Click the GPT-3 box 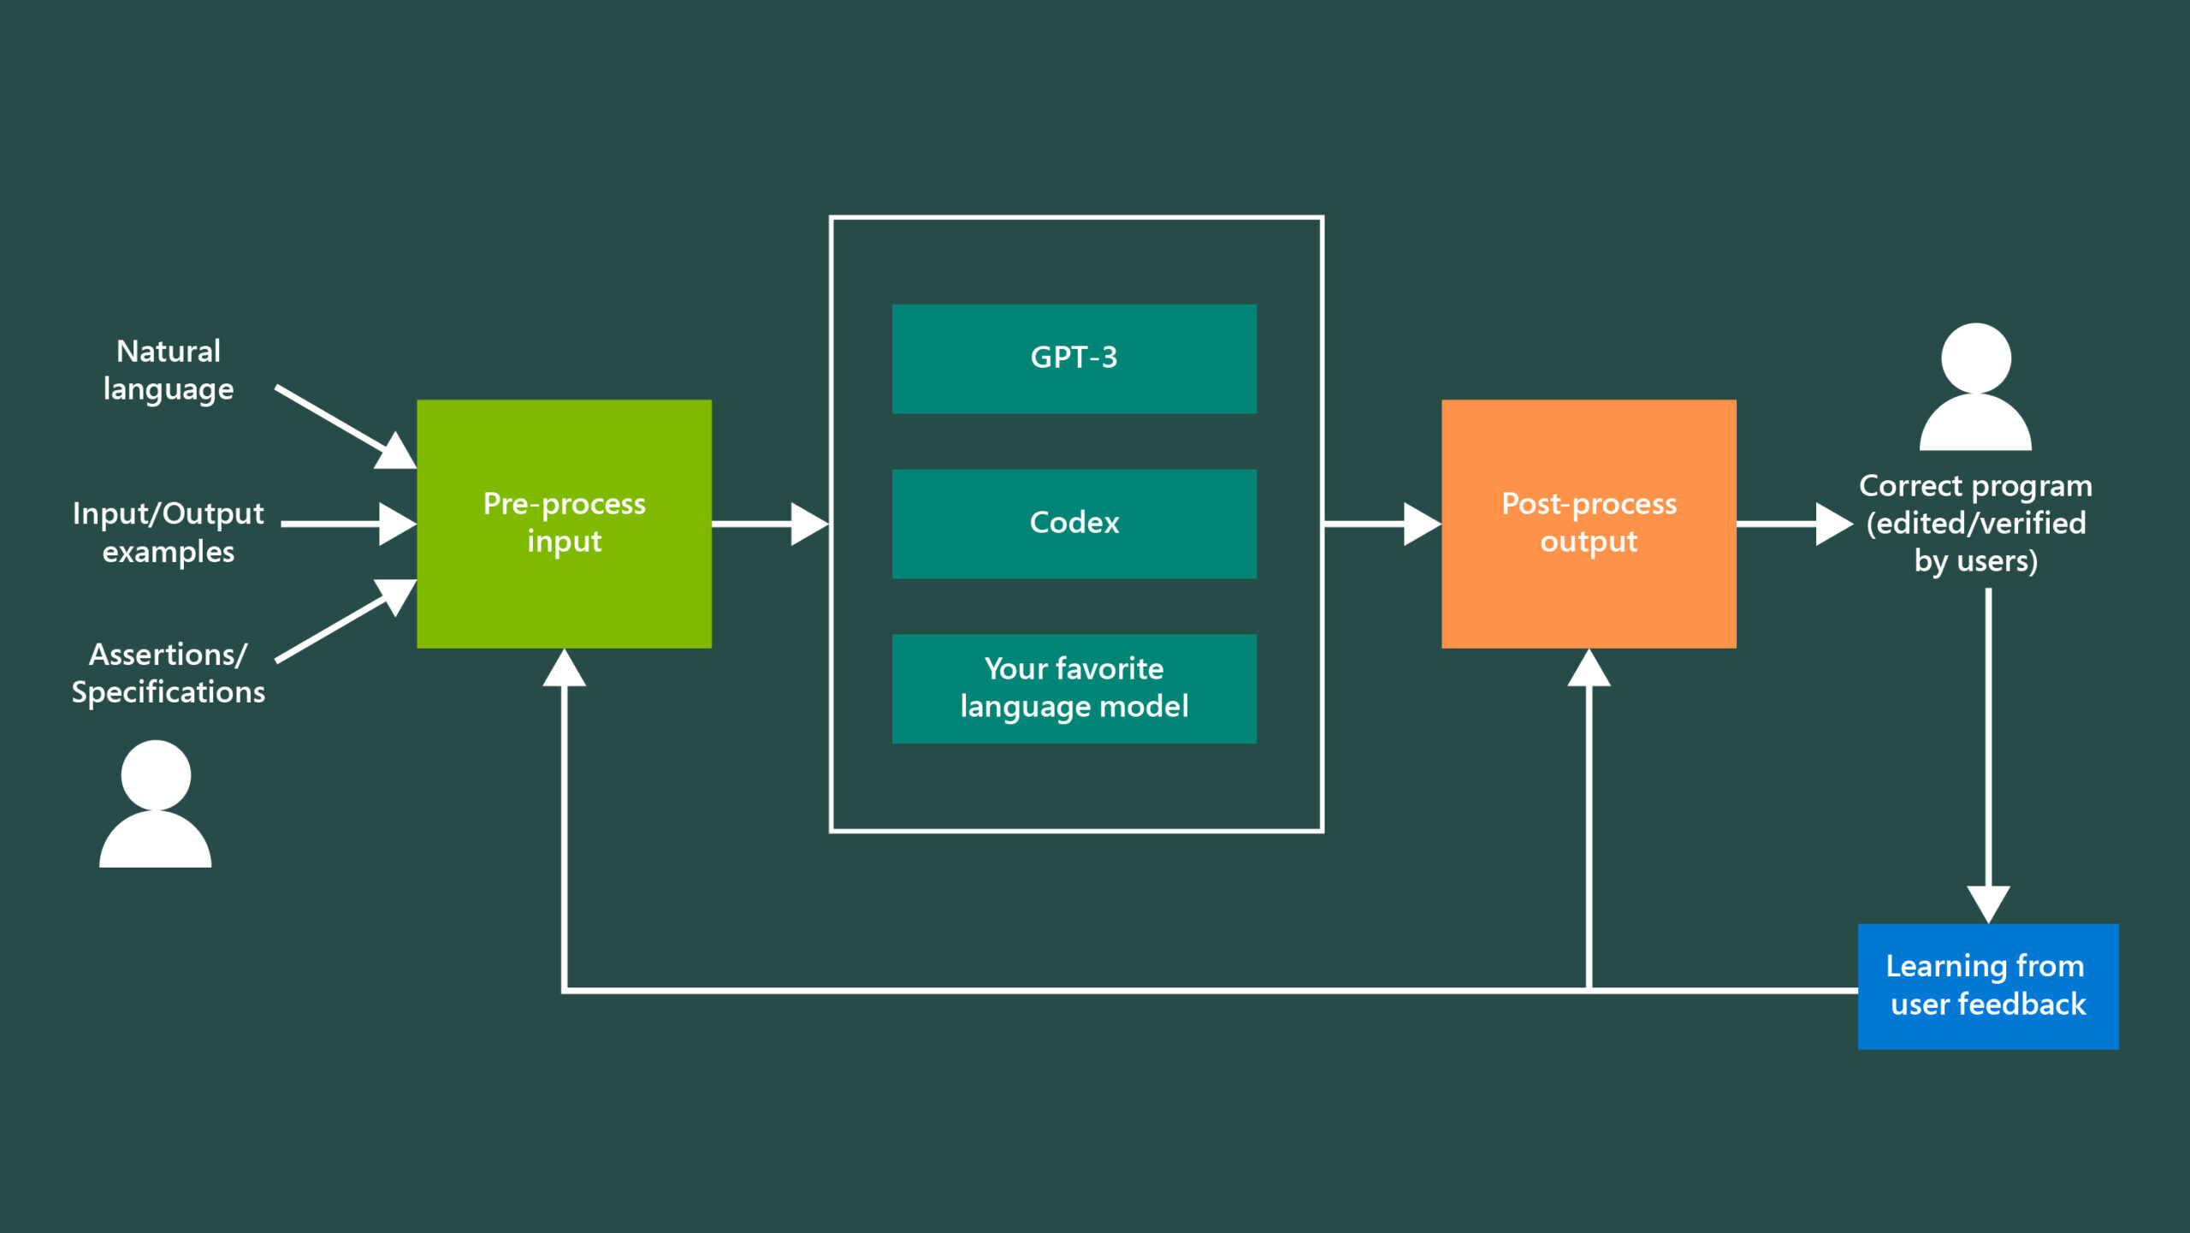point(1074,359)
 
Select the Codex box point(1074,524)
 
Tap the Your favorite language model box point(1074,688)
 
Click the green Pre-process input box point(564,524)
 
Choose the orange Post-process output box point(1589,524)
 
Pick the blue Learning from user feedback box point(1987,986)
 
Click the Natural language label point(169,370)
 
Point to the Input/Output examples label point(169,532)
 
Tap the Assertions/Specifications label point(169,673)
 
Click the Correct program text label point(1975,523)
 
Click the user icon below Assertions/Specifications point(156,804)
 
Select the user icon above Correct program point(1975,387)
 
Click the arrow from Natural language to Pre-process point(342,425)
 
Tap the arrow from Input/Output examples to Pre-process point(346,524)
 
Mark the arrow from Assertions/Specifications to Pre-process point(342,622)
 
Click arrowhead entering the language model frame point(808,524)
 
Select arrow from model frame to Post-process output point(1382,524)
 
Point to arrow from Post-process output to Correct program point(1792,524)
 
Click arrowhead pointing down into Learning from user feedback point(1988,904)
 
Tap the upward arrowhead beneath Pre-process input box point(564,669)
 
